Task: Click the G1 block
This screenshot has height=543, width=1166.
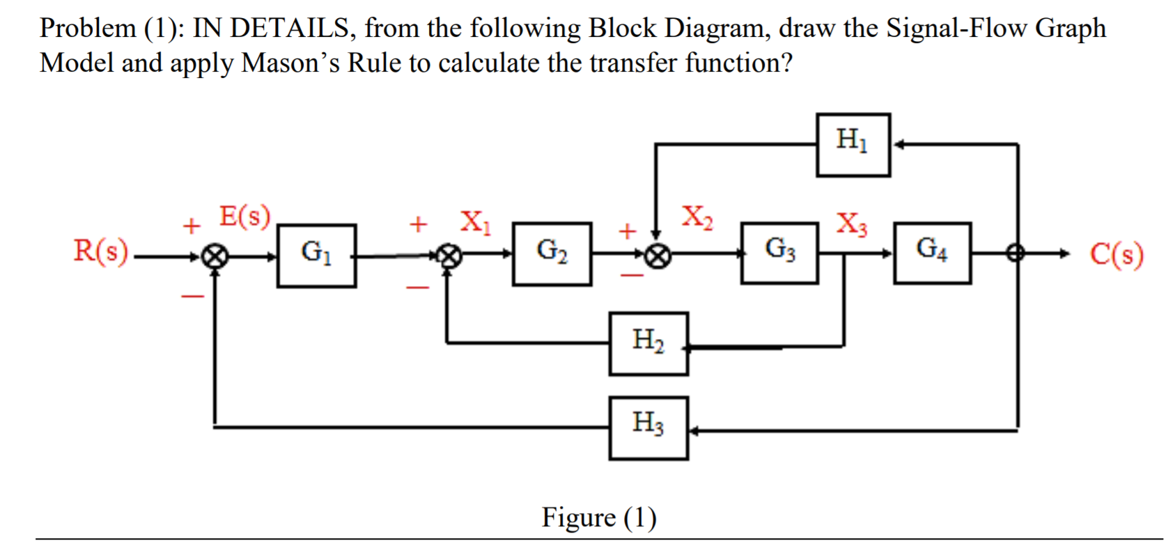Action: [316, 255]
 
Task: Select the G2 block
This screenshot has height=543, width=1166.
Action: [552, 254]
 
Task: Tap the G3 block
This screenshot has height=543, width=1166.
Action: [779, 253]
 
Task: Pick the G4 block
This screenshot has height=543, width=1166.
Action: [932, 253]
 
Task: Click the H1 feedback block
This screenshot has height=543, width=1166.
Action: [853, 145]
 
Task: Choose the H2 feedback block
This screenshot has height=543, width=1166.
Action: [648, 343]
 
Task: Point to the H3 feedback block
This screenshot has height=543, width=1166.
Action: [648, 427]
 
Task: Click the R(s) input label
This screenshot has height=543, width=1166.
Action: [101, 251]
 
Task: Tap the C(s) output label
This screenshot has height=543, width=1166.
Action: [1117, 255]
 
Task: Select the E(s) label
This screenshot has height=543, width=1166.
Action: [244, 217]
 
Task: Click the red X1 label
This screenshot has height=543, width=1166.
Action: [475, 222]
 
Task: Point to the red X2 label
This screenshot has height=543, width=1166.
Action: [697, 217]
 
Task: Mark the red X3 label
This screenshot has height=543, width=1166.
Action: [851, 223]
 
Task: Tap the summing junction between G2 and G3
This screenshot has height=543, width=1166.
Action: [656, 257]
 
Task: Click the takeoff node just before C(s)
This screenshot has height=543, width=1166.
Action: [1017, 254]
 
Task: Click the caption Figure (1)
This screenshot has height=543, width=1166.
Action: [598, 517]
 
